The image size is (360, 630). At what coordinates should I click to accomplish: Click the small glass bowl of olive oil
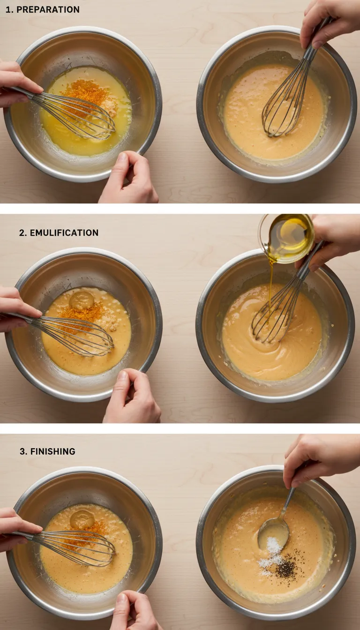pos(286,238)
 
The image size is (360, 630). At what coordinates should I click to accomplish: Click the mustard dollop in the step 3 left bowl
pos(82,519)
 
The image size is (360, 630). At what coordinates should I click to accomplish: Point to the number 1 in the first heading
pos(7,9)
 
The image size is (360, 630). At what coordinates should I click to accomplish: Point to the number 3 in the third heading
pos(22,451)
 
